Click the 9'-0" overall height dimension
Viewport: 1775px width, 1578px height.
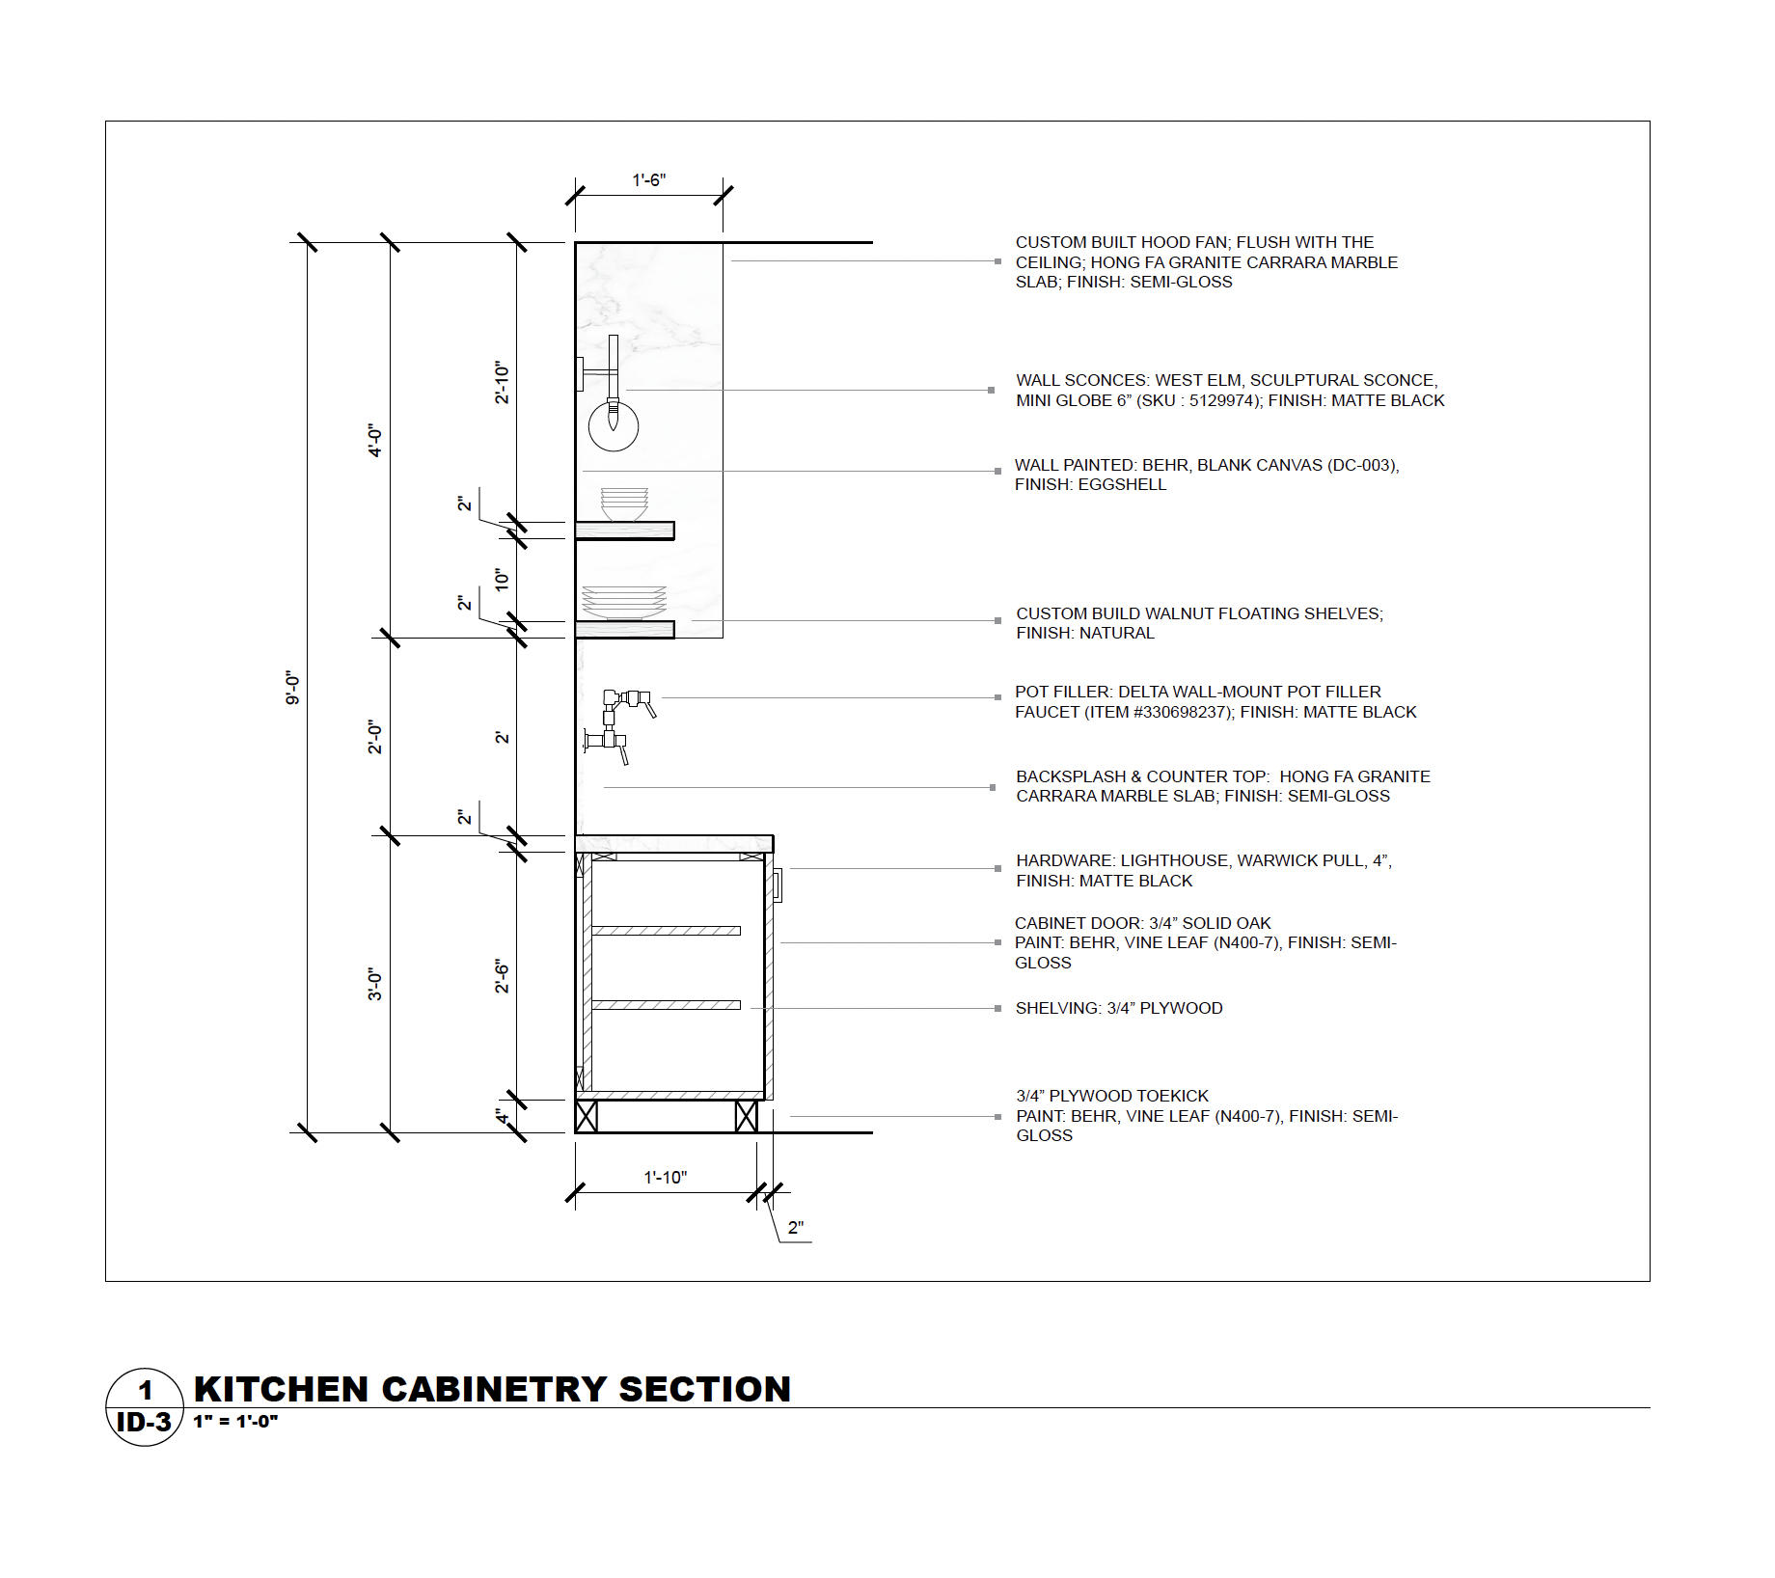[293, 688]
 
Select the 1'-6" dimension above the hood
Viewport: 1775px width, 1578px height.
[648, 180]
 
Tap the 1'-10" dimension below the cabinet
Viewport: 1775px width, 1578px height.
[665, 1177]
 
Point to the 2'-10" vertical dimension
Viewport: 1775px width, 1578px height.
[502, 383]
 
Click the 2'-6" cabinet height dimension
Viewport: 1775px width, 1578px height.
[502, 975]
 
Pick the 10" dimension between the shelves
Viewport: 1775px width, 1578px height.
[502, 580]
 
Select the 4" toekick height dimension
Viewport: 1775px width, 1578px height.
[502, 1116]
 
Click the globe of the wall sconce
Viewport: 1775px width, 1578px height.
[614, 426]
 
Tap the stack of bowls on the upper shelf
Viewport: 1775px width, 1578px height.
[624, 504]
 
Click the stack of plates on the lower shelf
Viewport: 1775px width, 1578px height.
[623, 603]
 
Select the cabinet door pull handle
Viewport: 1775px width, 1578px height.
[777, 884]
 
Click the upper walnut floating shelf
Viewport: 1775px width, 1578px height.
[624, 531]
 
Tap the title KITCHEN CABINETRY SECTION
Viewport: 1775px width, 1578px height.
[492, 1389]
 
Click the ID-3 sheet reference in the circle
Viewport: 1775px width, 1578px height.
[144, 1423]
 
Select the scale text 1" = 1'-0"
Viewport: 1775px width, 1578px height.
[235, 1421]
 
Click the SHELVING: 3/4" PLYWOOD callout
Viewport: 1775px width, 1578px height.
[1118, 1008]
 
